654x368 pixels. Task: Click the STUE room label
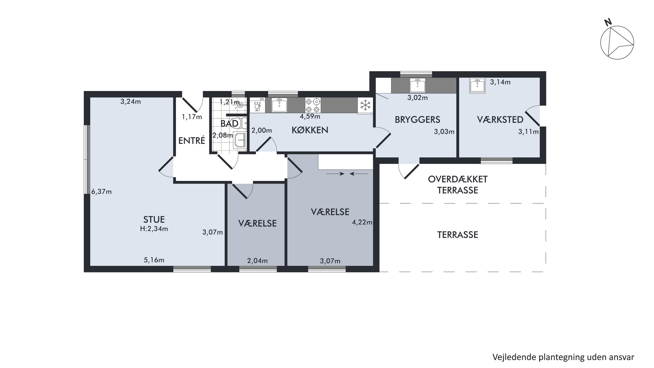click(x=154, y=219)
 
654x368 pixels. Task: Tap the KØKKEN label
click(x=310, y=130)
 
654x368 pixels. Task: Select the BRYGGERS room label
click(x=417, y=120)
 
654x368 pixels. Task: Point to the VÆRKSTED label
click(x=500, y=120)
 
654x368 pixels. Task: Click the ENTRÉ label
click(x=192, y=140)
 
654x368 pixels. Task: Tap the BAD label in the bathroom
click(x=230, y=124)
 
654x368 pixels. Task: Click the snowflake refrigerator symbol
click(x=365, y=105)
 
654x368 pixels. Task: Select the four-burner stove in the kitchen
click(x=313, y=105)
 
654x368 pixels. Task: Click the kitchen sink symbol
click(x=279, y=105)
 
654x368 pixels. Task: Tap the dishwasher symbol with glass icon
click(x=257, y=105)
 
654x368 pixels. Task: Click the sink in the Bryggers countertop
click(x=417, y=86)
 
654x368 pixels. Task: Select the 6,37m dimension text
click(x=102, y=192)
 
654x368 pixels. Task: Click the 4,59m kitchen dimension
click(x=310, y=116)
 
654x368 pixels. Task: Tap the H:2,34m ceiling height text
click(x=154, y=229)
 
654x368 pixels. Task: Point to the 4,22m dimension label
click(x=362, y=223)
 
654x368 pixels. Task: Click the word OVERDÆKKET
click(x=458, y=179)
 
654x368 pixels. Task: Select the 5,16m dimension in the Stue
click(x=154, y=260)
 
